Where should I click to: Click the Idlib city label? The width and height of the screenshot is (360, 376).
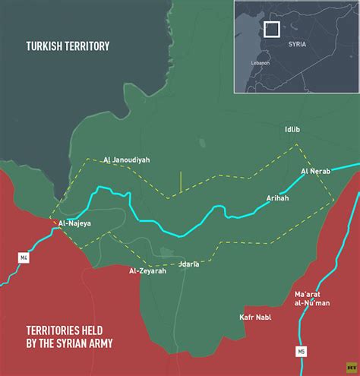tap(293, 130)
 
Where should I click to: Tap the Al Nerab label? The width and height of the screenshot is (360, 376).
tap(314, 171)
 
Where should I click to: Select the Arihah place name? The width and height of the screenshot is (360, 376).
tap(278, 198)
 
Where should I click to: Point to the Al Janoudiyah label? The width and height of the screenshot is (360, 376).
tap(127, 160)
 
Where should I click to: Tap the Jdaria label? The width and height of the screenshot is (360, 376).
tap(188, 264)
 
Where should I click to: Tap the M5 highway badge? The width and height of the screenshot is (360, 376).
tap(302, 350)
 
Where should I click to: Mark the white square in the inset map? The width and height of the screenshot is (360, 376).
tap(273, 29)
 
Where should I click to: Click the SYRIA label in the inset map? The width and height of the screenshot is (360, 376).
tap(298, 45)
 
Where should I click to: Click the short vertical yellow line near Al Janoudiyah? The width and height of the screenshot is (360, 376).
tap(181, 181)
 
